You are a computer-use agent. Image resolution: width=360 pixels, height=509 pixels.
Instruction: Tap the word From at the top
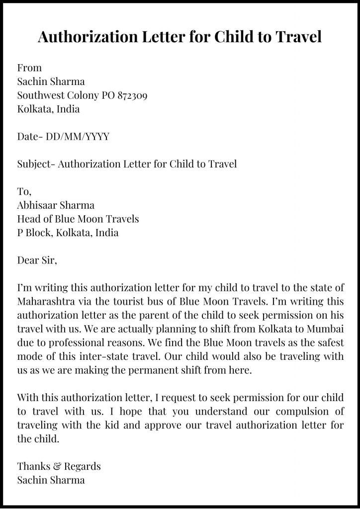(29, 68)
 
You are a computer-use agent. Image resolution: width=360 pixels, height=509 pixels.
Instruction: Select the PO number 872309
(132, 95)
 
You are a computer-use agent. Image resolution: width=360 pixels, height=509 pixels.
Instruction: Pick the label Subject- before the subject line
(36, 164)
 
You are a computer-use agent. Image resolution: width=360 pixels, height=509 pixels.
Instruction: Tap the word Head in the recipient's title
(28, 219)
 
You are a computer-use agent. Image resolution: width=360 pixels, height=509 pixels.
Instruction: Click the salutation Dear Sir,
(37, 260)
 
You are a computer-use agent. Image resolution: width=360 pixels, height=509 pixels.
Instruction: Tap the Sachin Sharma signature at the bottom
(51, 480)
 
